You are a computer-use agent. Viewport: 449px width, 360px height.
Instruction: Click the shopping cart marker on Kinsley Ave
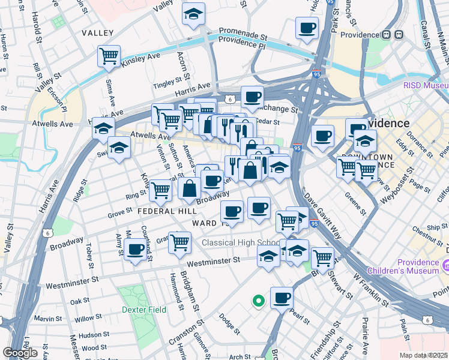[x=109, y=56]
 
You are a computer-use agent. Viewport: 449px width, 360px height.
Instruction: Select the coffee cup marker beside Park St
[x=307, y=27]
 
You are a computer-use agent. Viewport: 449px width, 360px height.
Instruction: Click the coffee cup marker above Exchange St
[x=252, y=97]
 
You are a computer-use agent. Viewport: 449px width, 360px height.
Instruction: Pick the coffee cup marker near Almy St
[x=135, y=248]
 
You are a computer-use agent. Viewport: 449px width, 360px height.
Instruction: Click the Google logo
[x=20, y=353]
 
